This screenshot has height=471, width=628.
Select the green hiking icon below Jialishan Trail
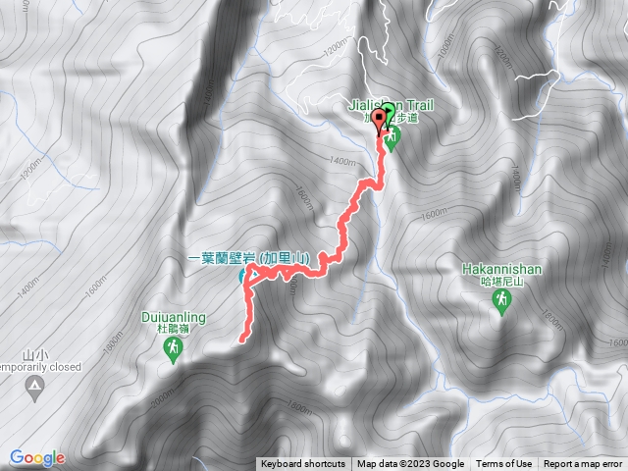click(393, 139)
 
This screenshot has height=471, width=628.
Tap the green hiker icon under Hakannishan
click(501, 305)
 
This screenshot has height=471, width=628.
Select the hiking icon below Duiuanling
click(173, 350)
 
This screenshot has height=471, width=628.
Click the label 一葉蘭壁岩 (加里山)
click(249, 258)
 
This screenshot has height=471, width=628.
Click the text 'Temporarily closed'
click(35, 366)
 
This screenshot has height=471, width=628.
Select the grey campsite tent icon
click(35, 391)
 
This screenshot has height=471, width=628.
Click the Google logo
click(37, 457)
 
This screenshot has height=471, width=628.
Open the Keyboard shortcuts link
click(303, 464)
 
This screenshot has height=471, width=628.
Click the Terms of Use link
click(504, 464)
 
